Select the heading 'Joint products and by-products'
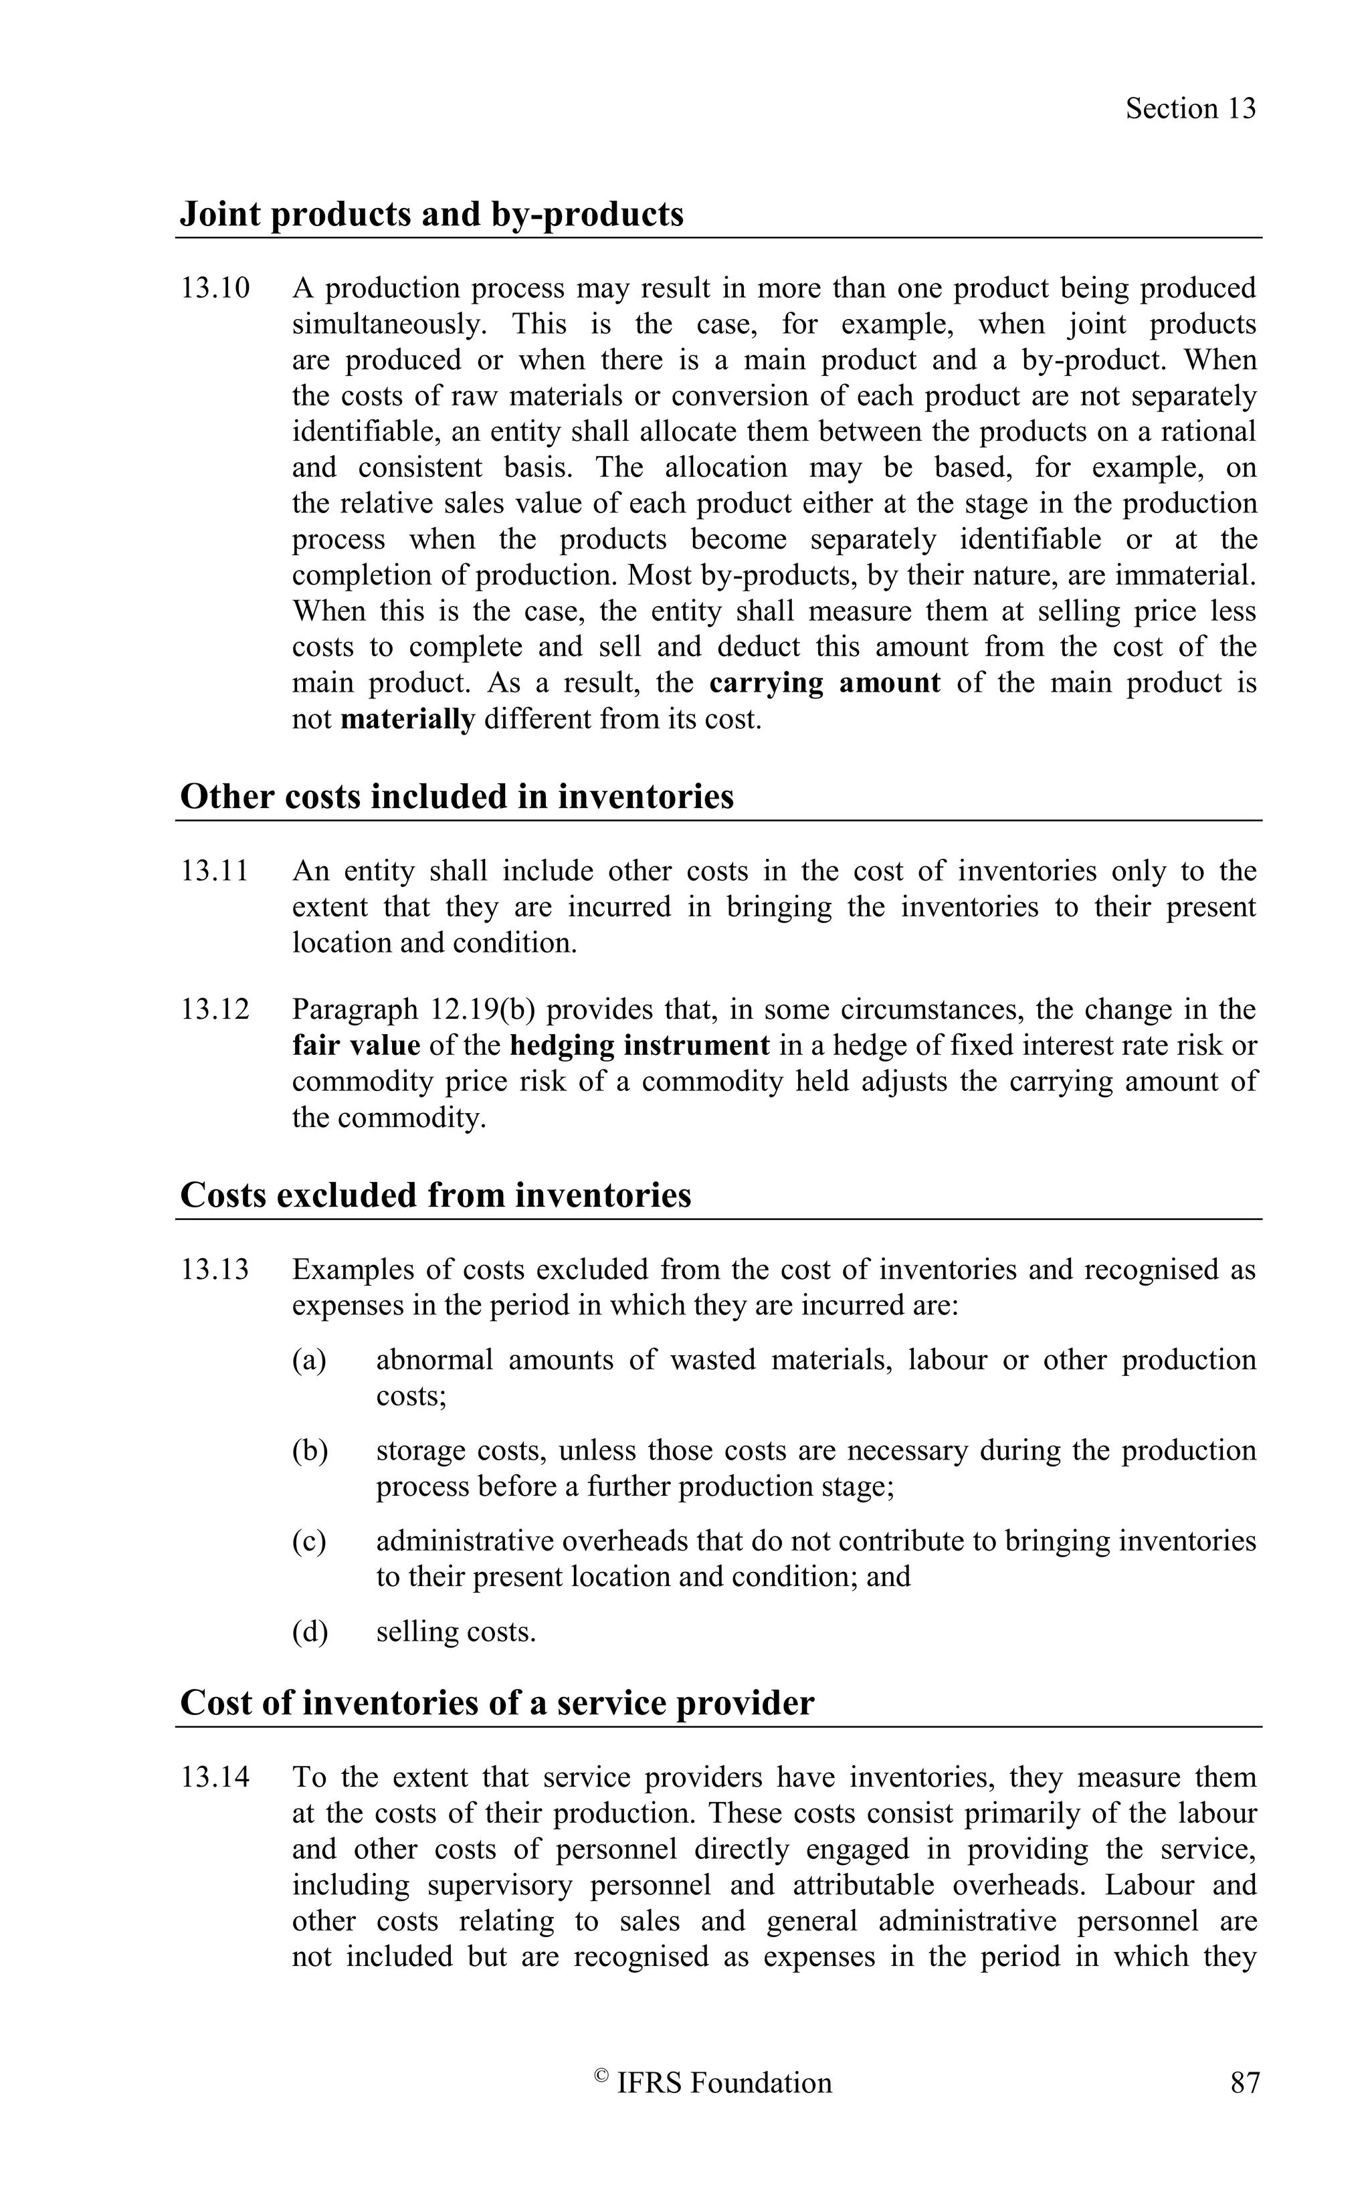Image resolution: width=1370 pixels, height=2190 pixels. click(431, 214)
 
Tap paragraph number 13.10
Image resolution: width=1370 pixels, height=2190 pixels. click(215, 288)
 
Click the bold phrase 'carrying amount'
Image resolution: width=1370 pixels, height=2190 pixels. click(825, 682)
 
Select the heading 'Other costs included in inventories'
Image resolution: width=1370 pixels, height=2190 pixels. click(457, 797)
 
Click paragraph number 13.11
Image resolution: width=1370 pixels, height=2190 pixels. click(215, 871)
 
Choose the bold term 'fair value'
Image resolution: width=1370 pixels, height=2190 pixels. click(356, 1046)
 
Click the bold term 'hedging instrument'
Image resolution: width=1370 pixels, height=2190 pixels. click(640, 1046)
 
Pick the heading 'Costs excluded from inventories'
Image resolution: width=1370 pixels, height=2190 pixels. click(436, 1195)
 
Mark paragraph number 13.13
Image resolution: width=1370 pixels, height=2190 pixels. click(215, 1270)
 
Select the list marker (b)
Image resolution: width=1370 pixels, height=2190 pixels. click(309, 1451)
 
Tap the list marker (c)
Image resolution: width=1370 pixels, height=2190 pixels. click(309, 1541)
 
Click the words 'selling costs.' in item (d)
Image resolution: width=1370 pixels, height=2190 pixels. click(456, 1632)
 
